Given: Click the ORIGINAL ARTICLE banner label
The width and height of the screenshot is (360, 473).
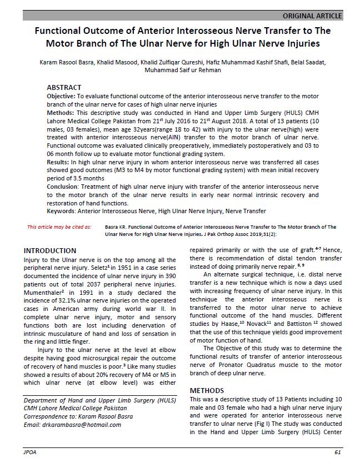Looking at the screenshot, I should [x=312, y=16].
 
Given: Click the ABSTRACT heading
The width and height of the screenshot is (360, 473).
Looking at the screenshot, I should [x=64, y=88].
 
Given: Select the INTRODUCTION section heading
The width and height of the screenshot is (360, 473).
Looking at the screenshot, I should [x=49, y=251].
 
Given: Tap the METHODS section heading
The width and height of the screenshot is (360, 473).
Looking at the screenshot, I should [x=207, y=391].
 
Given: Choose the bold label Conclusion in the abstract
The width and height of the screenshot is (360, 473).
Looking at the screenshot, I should [x=64, y=187].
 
